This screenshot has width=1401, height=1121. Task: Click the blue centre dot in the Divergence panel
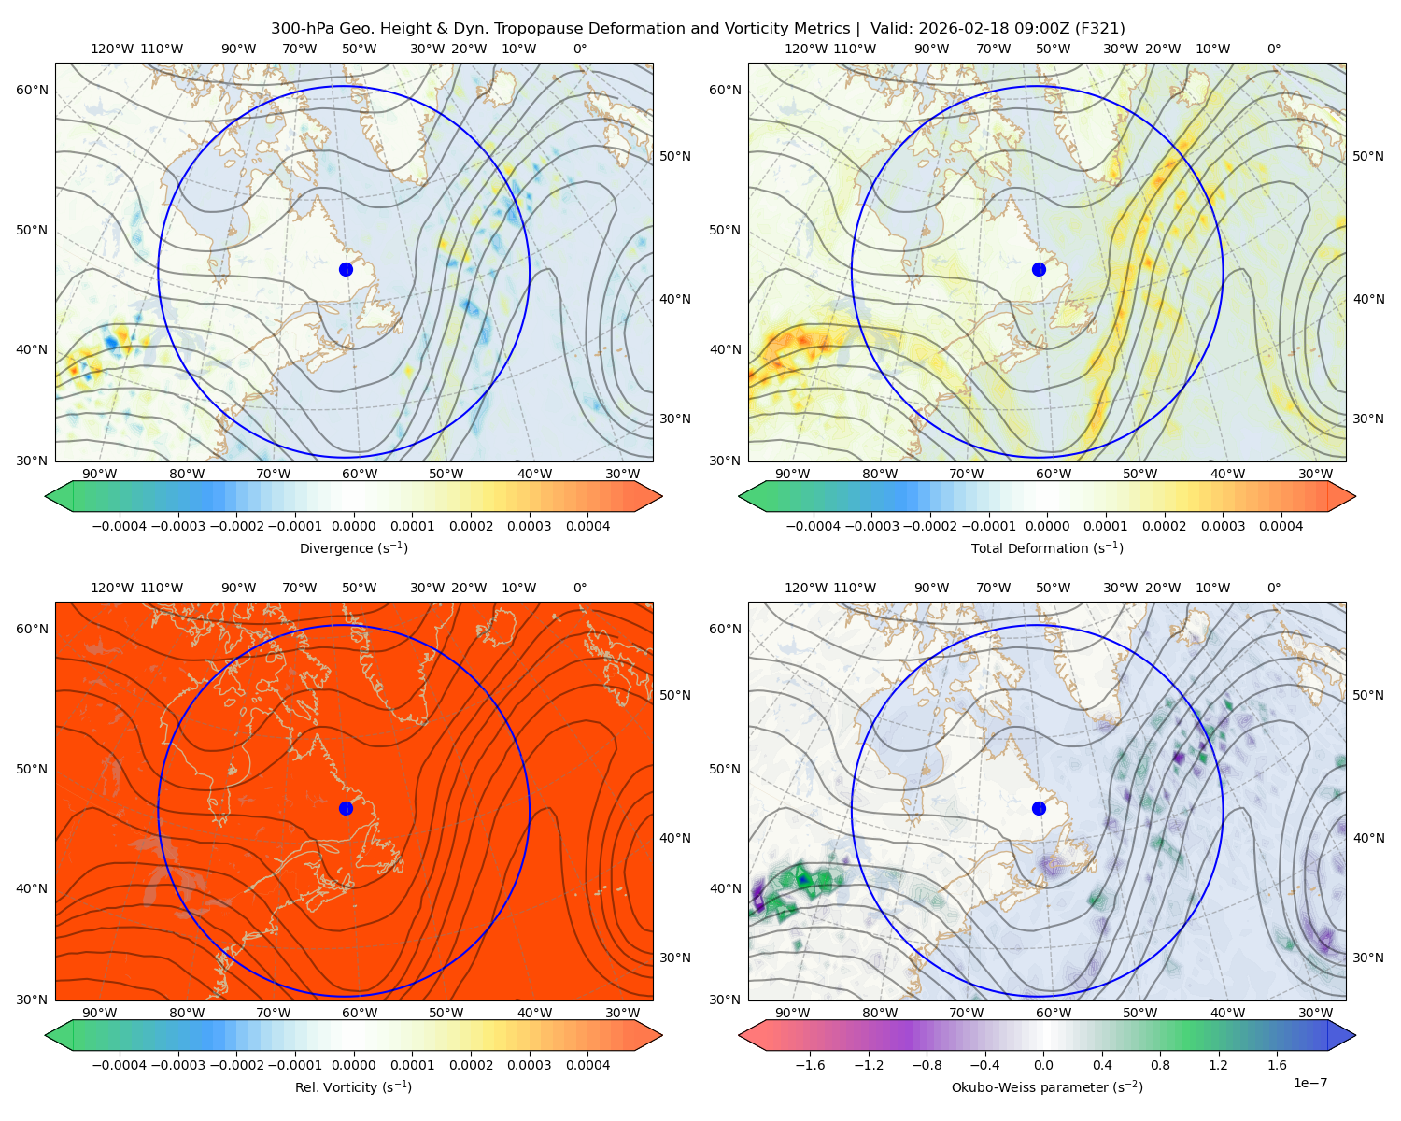[346, 269]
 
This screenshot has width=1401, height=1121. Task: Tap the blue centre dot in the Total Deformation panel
[1039, 269]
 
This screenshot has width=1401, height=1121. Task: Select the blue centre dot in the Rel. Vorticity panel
[346, 808]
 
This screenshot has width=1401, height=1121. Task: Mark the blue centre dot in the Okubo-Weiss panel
[1039, 808]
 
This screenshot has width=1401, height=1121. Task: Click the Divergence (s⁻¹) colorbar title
[353, 548]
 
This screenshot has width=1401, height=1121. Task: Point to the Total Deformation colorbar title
[1047, 548]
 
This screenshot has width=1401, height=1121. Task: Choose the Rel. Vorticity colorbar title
[353, 1087]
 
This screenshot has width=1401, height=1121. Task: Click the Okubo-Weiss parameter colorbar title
[1047, 1087]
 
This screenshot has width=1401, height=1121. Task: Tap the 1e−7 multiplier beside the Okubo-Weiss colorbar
[1310, 1083]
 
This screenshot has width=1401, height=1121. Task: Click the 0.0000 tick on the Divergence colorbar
[353, 527]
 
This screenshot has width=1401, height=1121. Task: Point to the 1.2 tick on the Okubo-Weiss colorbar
[1218, 1066]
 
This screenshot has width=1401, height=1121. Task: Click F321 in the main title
[1102, 29]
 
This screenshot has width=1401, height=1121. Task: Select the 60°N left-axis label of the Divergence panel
[32, 90]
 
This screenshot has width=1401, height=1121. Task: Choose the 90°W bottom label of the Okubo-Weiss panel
[792, 1013]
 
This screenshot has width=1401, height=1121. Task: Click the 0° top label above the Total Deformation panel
[1274, 50]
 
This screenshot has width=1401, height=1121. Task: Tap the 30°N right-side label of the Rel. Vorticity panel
[675, 958]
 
